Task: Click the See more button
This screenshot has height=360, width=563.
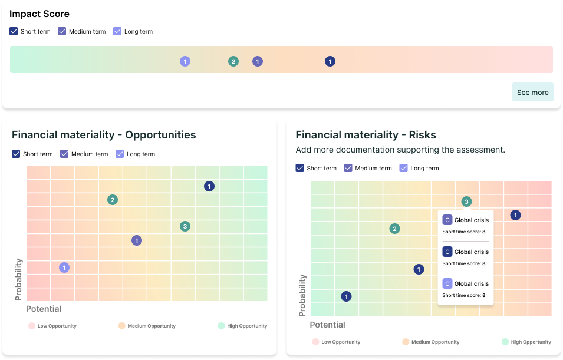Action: [x=532, y=93]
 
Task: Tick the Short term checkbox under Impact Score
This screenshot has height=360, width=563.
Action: [x=14, y=32]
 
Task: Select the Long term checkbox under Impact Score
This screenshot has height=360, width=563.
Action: [x=117, y=32]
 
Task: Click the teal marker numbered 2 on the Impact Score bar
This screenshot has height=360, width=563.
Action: [x=233, y=61]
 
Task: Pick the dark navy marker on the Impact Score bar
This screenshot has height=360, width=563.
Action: [x=330, y=61]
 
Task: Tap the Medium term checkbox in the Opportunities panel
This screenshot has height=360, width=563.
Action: [x=64, y=154]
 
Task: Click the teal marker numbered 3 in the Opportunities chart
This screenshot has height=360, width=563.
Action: [x=185, y=226]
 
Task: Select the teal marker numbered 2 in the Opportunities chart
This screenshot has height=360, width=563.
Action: [x=113, y=200]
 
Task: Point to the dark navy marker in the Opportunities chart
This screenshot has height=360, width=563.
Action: [x=209, y=186]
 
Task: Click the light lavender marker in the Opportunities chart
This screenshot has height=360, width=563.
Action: [x=64, y=267]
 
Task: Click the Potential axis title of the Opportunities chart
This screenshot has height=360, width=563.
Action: [x=44, y=309]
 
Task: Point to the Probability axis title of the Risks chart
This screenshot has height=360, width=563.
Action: [x=302, y=295]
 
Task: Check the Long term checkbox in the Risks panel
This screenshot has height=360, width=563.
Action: [x=404, y=169]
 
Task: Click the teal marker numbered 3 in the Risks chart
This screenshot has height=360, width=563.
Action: [x=466, y=202]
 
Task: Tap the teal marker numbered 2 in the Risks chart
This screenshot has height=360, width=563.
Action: [x=395, y=229]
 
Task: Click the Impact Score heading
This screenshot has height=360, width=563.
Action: [x=39, y=14]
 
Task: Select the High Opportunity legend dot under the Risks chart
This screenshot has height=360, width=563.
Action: [x=505, y=342]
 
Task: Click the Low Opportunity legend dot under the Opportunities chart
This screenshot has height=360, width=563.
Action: [x=32, y=326]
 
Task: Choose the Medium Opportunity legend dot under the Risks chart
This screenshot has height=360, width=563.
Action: [x=406, y=342]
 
